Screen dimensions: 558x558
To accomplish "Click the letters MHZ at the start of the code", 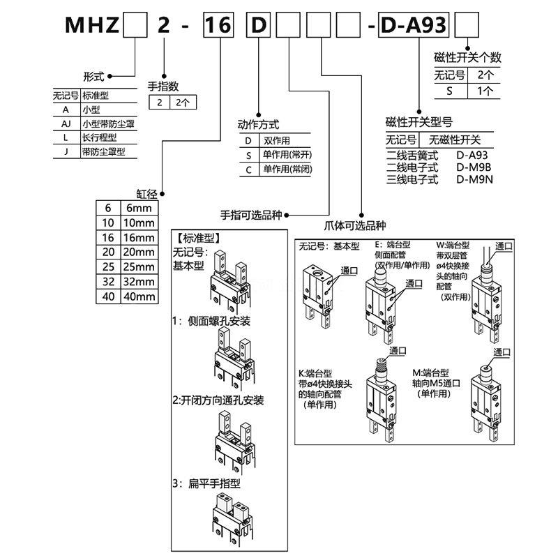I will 91,27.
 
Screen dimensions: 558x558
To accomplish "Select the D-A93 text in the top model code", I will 417,27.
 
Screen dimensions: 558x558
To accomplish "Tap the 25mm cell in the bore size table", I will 137,266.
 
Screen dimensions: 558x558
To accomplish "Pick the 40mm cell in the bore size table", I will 137,296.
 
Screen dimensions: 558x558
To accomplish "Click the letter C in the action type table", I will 248,169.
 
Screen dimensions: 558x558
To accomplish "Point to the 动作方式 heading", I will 259,125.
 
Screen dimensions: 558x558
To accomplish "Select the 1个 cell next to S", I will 484,90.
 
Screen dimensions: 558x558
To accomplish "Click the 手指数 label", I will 163,86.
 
